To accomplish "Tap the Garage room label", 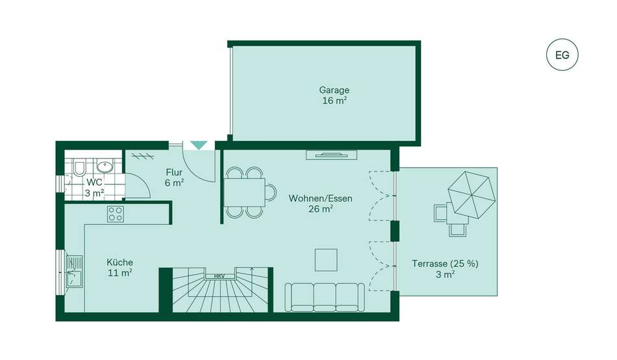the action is (334, 90).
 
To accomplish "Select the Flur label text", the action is (174, 172).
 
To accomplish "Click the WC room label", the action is (94, 183).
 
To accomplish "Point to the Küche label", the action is (120, 263).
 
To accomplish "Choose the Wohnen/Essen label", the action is (320, 198).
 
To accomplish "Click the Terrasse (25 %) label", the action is (445, 263).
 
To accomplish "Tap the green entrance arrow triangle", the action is (199, 145).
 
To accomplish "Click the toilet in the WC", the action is (79, 168).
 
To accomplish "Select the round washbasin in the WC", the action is (105, 167).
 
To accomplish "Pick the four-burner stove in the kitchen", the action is (116, 214).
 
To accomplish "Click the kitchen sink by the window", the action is (75, 272).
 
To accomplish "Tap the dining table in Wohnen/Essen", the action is (245, 192).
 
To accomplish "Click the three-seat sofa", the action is (325, 298).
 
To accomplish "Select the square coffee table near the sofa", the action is (326, 260).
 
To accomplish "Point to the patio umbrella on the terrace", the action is (472, 195).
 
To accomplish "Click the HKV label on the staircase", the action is (219, 277).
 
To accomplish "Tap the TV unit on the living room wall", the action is (332, 155).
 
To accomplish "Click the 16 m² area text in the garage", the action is (334, 101).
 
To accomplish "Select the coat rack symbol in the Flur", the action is (142, 157).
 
